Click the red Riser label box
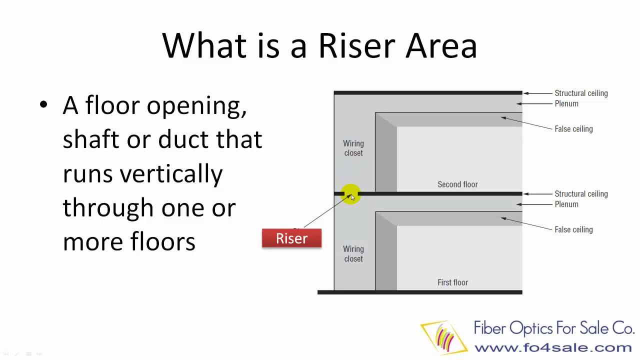click(x=291, y=238)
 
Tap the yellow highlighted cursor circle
click(x=350, y=193)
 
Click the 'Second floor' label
click(x=457, y=184)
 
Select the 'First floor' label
click(x=452, y=282)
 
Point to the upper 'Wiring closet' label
click(x=353, y=148)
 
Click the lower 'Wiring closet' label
click(x=353, y=253)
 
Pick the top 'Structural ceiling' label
click(x=581, y=93)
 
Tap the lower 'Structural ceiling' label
click(x=581, y=194)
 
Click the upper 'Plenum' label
click(x=566, y=103)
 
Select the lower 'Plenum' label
click(x=566, y=204)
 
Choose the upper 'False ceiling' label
click(x=573, y=129)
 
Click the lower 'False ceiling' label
click(x=573, y=229)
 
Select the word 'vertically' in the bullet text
click(x=171, y=174)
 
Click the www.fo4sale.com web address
click(x=553, y=347)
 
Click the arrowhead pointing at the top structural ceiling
click(x=526, y=93)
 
